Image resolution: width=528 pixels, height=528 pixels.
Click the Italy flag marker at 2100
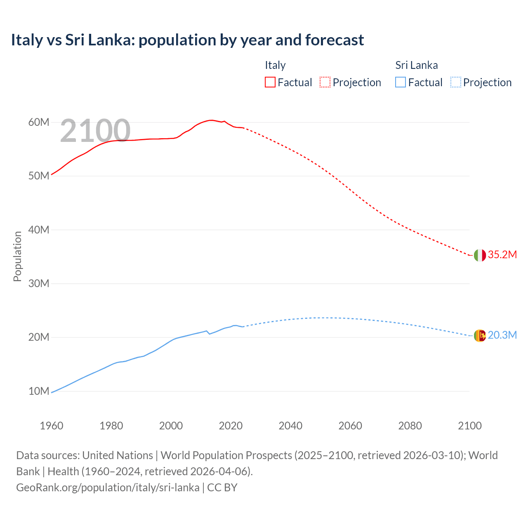point(480,255)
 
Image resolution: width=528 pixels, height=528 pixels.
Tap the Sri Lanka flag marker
point(480,336)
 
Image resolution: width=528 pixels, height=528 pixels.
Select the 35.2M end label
point(502,255)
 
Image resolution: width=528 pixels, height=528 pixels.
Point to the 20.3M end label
point(502,335)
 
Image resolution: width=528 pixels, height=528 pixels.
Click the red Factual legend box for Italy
point(270,82)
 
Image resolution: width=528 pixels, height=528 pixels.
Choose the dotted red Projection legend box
point(325,82)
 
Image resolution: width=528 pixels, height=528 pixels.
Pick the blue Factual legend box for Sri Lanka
point(401,82)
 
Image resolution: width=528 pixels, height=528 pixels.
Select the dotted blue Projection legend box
point(456,82)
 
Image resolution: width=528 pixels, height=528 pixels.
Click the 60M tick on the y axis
point(39,122)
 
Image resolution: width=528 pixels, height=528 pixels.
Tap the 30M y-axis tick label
point(39,283)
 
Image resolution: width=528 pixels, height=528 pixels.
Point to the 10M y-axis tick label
point(39,391)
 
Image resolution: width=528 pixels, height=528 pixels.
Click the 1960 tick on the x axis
point(52,426)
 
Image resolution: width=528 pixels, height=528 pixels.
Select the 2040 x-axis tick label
point(290,426)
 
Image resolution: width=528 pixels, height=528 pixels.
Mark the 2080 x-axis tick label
point(410,426)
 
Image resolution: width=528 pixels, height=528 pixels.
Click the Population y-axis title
point(17,257)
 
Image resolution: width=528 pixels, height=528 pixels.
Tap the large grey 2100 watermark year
point(95,131)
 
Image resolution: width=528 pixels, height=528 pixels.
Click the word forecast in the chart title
point(335,40)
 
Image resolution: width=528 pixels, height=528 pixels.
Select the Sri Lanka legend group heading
point(417,65)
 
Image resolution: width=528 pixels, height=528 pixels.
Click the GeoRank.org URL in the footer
point(108,488)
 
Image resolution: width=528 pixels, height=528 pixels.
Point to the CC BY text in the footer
point(222,488)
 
